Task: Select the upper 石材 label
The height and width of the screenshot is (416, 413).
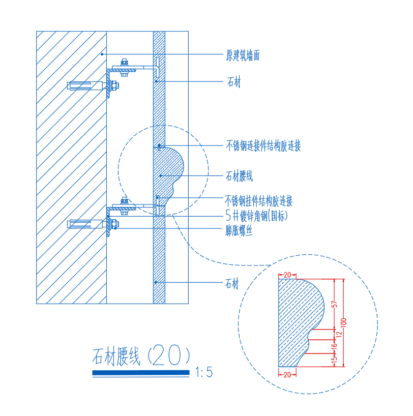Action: (233, 82)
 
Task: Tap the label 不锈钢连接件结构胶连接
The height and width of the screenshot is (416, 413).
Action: (263, 146)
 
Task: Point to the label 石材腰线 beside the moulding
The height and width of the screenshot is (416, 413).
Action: (239, 176)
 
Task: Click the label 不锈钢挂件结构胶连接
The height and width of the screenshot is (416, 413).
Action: (259, 201)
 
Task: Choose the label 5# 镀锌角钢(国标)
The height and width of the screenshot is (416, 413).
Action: (256, 216)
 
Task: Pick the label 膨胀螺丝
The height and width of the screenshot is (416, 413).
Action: (239, 230)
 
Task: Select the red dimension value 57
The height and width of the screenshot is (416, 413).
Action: (334, 304)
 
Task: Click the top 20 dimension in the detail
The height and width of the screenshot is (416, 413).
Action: (287, 275)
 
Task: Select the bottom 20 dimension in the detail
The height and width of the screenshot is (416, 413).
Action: (287, 374)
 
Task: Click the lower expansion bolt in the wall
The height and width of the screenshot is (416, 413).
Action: (86, 223)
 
